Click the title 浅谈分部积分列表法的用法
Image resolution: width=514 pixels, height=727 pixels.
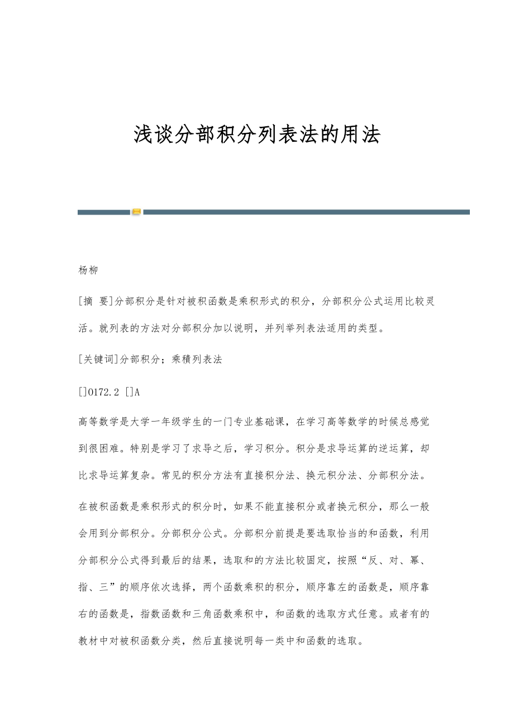[x=257, y=135]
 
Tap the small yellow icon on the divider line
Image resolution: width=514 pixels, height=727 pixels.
[x=136, y=212]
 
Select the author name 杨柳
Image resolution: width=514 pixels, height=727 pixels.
[x=88, y=270]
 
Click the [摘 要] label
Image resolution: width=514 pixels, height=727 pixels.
[x=96, y=302]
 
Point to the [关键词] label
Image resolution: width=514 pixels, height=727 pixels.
[x=99, y=360]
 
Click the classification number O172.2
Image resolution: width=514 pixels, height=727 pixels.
[x=103, y=392]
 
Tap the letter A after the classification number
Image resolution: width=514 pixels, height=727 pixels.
[x=137, y=392]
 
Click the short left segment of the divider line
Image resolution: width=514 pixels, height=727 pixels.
[x=104, y=212]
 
